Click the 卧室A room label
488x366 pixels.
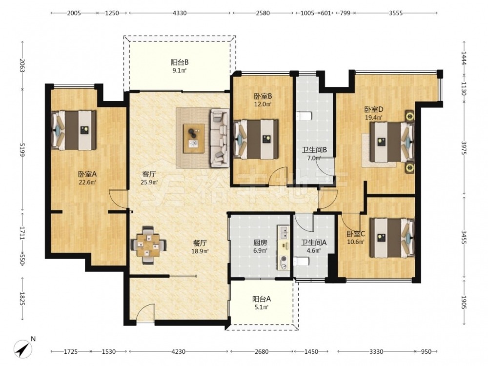tap(87, 174)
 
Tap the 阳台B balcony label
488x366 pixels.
tap(180, 62)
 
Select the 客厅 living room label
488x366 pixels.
tap(149, 174)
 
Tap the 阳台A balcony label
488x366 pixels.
tap(262, 299)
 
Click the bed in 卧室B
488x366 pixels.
tap(256, 139)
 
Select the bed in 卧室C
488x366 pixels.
tap(392, 238)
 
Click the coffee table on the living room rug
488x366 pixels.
tap(194, 139)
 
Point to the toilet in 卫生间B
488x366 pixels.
tap(304, 117)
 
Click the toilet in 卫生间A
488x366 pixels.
tap(301, 262)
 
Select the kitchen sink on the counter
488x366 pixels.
tap(284, 231)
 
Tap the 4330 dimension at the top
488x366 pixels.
tap(180, 13)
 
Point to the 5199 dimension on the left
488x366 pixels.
tap(22, 151)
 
